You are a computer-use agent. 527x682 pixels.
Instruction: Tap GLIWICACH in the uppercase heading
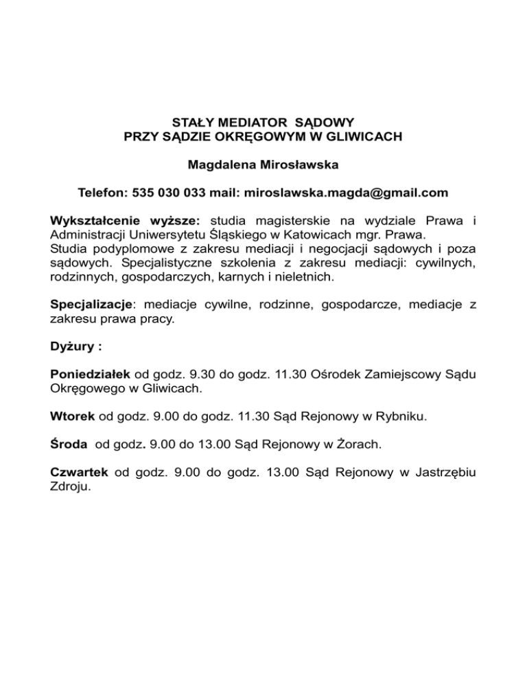[366, 137]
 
